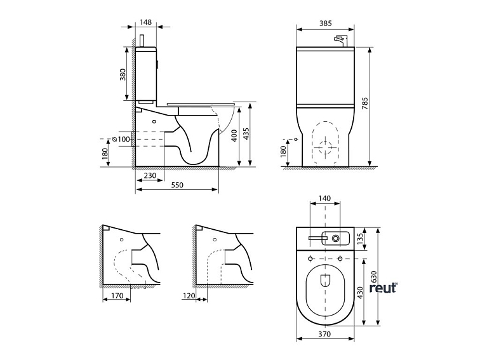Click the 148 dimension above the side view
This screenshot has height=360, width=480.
click(x=145, y=22)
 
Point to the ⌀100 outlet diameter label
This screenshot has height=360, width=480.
click(x=120, y=139)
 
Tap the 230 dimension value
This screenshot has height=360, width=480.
click(x=150, y=176)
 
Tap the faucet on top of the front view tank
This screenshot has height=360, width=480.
click(x=342, y=40)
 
